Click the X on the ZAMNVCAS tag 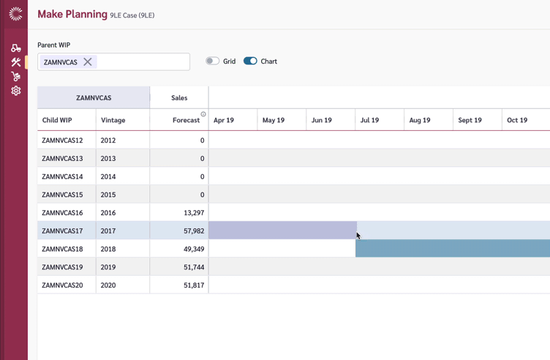coord(88,62)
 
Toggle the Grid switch coord(212,61)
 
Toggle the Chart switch coord(250,61)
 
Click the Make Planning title coord(72,15)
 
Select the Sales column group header coord(179,97)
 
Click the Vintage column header coord(113,120)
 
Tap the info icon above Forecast coord(203,114)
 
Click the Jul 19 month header coord(370,120)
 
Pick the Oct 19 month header coord(517,120)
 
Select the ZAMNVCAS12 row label coord(62,140)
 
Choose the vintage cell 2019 coord(108,267)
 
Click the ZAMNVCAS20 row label coord(62,285)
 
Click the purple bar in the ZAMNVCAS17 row coord(282,230)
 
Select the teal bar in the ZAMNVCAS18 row coord(452,249)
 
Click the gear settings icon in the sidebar coord(15,91)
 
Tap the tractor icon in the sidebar coord(15,48)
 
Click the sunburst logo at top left coord(15,14)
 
